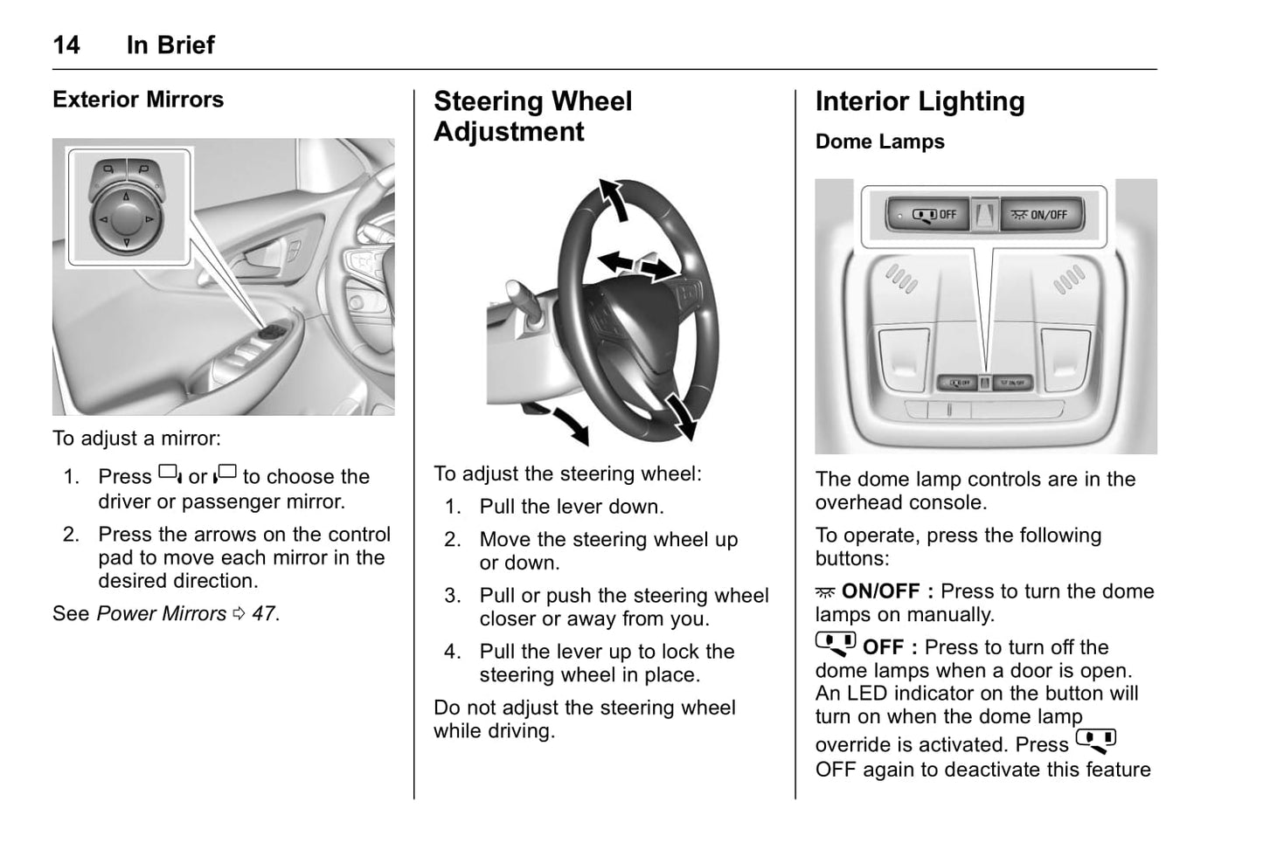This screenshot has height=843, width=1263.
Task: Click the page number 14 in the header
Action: (x=66, y=45)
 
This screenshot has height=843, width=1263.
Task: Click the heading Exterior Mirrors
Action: (x=138, y=100)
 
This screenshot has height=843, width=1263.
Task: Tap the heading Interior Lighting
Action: (x=919, y=101)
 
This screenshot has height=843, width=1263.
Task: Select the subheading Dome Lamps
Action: (x=879, y=142)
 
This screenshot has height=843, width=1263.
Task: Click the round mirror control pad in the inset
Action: (x=126, y=218)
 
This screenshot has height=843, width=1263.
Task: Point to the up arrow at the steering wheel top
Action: (x=614, y=198)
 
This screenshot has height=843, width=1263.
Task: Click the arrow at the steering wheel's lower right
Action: (x=681, y=415)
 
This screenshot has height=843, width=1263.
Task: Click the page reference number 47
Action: (x=264, y=614)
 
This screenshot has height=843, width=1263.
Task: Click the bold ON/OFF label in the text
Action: (x=880, y=591)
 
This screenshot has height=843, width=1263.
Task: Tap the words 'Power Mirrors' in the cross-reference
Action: (x=162, y=614)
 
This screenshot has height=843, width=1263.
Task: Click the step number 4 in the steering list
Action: (x=452, y=652)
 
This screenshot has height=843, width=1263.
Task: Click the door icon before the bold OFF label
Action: (x=836, y=645)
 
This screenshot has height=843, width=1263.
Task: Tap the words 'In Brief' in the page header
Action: (x=170, y=45)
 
